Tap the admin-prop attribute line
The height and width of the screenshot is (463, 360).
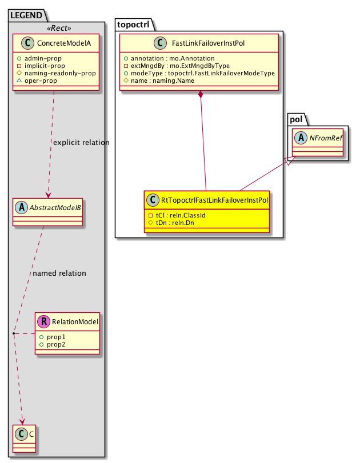(51, 59)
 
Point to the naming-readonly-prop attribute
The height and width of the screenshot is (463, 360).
(63, 74)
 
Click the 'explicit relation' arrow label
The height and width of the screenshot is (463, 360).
(81, 142)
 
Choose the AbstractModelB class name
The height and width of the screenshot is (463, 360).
(54, 208)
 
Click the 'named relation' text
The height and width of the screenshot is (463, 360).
(59, 273)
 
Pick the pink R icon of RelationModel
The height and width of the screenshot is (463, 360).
(44, 322)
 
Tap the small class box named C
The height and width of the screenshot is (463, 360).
(24, 434)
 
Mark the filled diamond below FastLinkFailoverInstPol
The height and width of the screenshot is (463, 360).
(200, 95)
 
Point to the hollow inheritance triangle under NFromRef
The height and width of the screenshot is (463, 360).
(290, 162)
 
